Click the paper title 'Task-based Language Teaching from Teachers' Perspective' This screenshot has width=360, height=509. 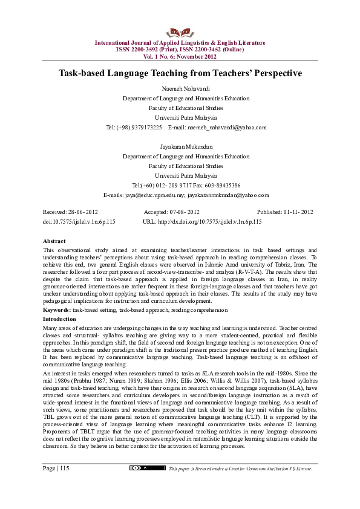click(x=180, y=73)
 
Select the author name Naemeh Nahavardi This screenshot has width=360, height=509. click(x=180, y=89)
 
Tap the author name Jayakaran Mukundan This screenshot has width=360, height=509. click(x=180, y=147)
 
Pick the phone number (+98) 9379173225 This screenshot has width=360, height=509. click(x=134, y=128)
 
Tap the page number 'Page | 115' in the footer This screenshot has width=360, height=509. click(x=56, y=485)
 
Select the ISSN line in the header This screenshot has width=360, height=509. click(x=180, y=49)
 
